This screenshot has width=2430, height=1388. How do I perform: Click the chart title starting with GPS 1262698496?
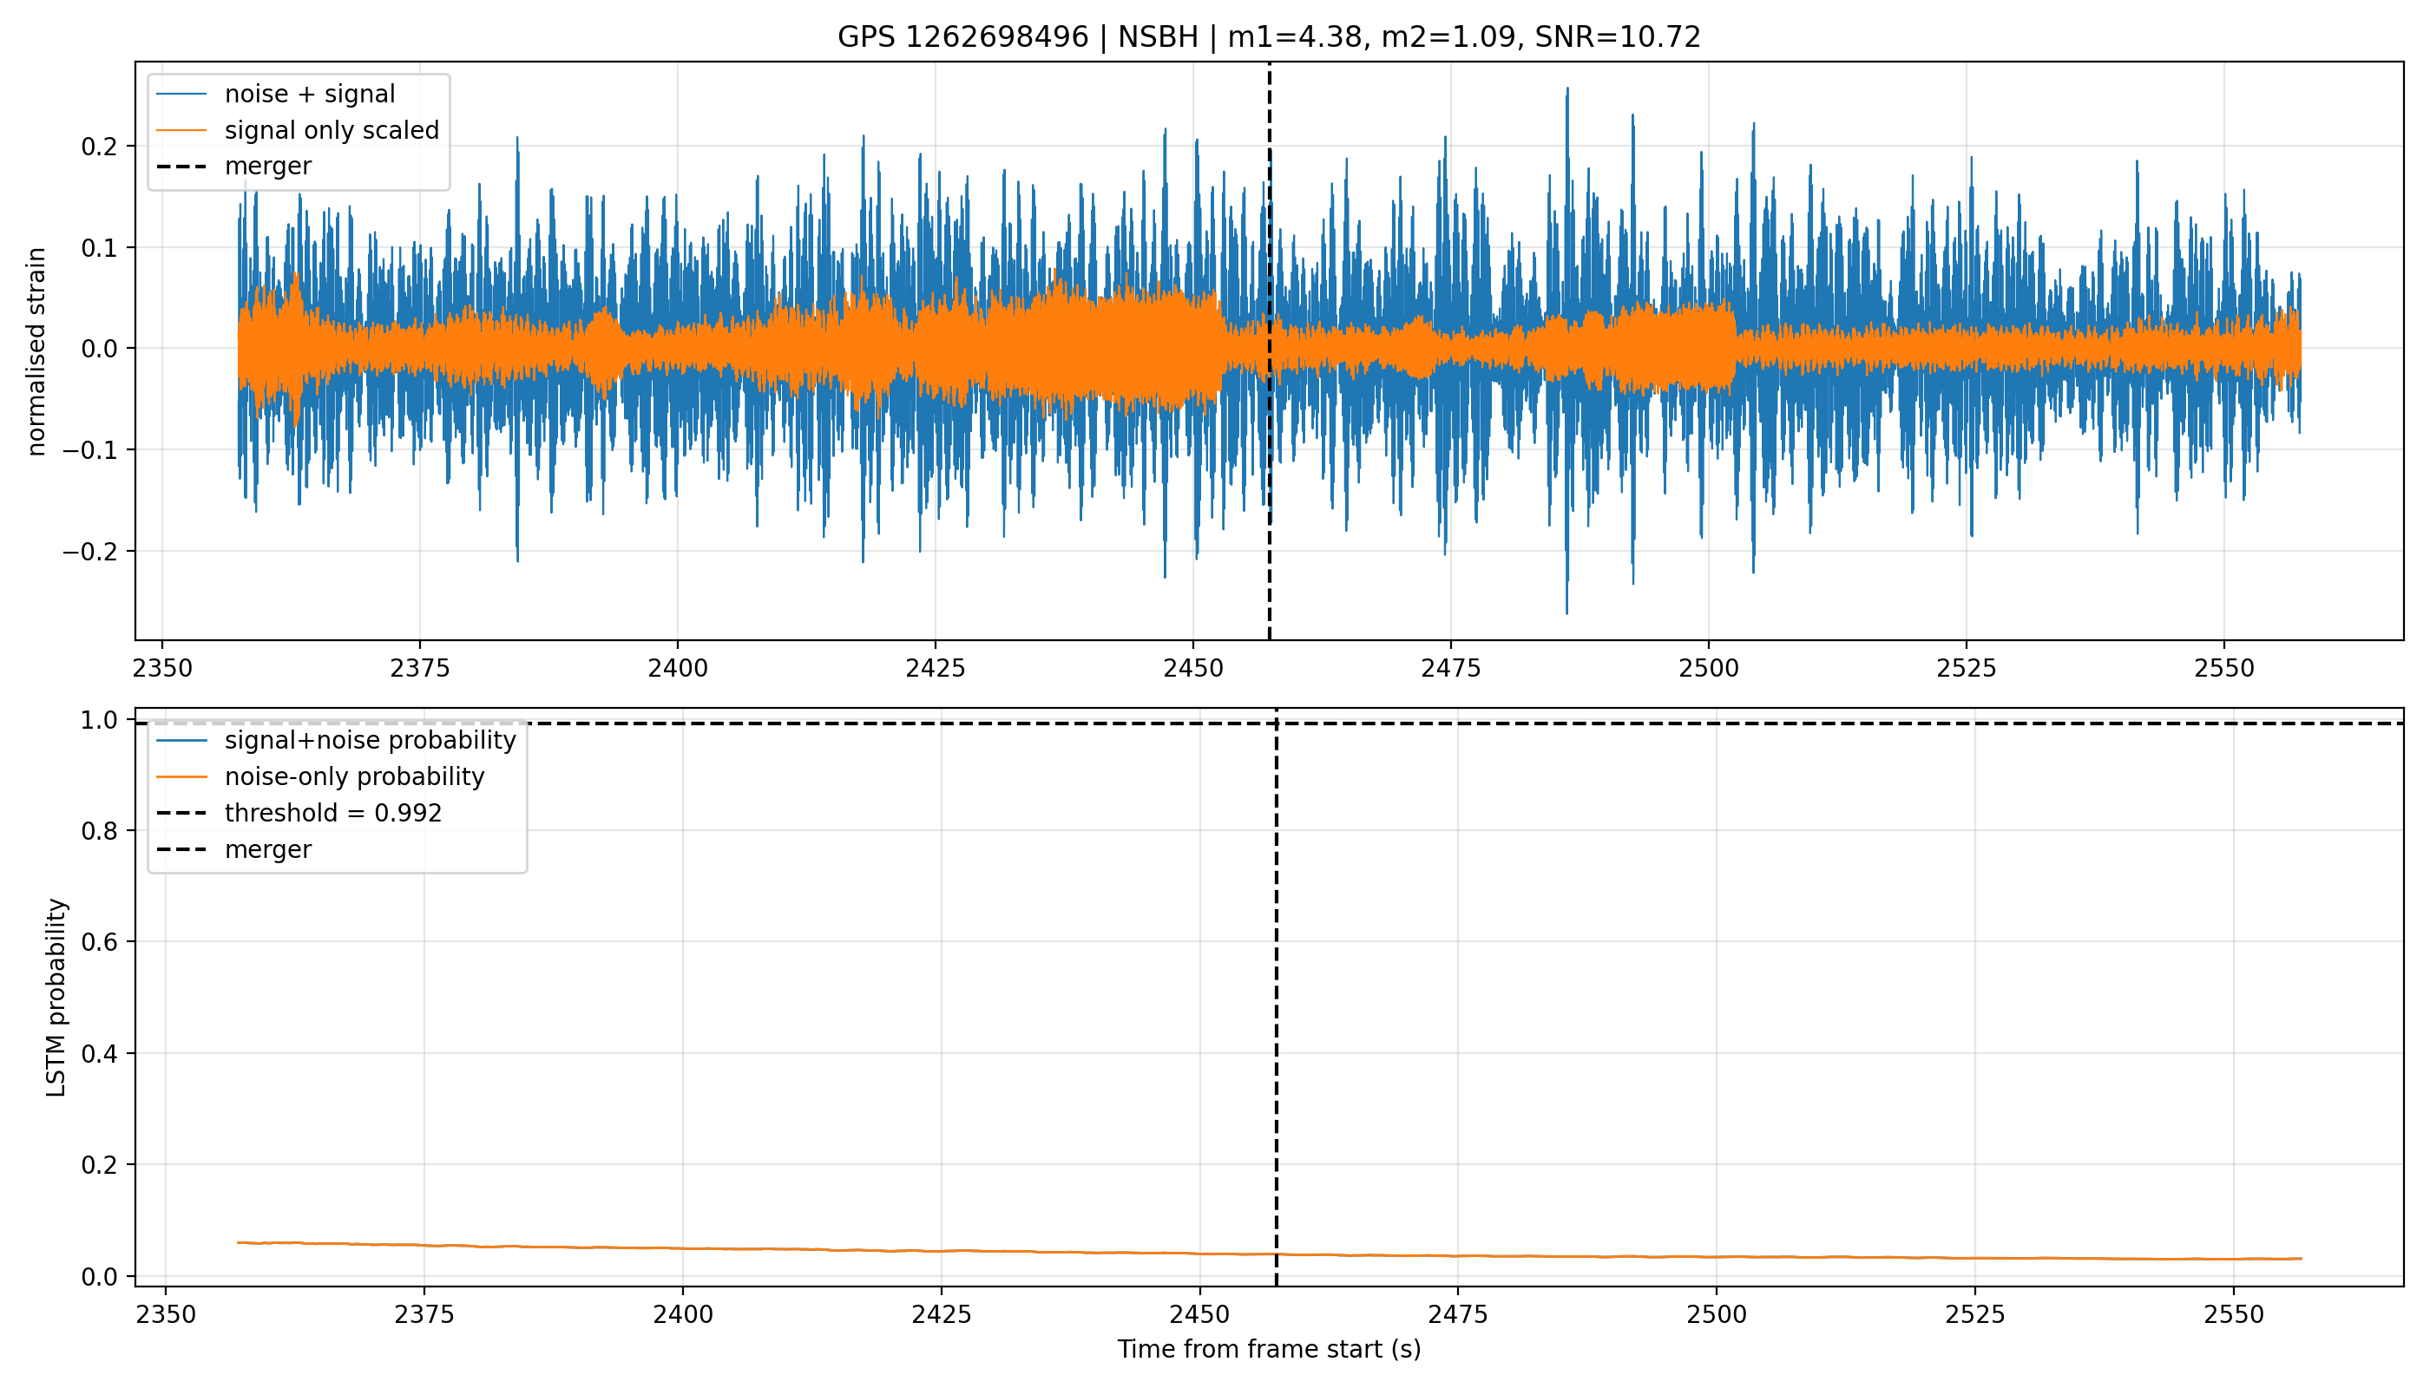coord(1269,37)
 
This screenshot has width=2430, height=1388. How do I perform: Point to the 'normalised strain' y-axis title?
coord(36,351)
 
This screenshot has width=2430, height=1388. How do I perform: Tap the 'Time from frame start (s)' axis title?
coord(1269,1350)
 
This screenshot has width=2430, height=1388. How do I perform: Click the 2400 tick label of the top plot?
coord(677,668)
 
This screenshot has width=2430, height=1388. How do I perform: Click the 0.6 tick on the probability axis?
coord(100,942)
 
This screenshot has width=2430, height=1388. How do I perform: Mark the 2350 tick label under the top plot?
coord(162,668)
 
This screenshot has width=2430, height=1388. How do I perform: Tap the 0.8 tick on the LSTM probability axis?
coord(100,831)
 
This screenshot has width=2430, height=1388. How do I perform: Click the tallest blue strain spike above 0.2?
coord(1566,89)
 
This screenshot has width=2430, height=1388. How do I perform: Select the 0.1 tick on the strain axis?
coord(100,248)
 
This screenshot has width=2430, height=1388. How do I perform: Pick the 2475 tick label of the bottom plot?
coord(1458,1314)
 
